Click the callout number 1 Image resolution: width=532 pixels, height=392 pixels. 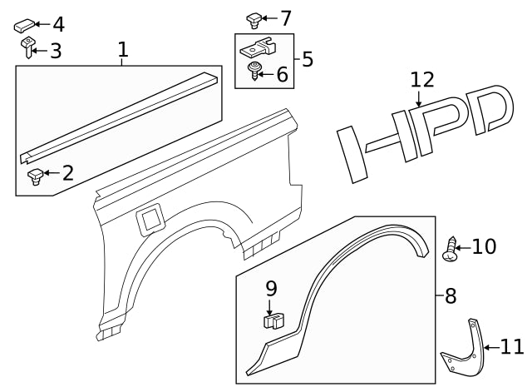click(123, 50)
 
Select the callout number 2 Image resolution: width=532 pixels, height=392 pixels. click(68, 173)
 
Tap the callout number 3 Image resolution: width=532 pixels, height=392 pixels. click(56, 52)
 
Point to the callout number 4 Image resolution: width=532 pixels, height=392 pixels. click(57, 25)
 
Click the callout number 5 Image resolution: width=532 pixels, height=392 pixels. click(308, 59)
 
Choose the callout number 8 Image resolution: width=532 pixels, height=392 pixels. click(451, 295)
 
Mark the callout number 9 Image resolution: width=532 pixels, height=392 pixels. click(271, 289)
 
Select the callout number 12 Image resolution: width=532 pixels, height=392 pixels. click(422, 80)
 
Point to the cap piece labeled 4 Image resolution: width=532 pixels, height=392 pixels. click(24, 25)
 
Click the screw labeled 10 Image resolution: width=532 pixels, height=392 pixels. click(451, 249)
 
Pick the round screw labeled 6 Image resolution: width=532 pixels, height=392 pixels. click(256, 74)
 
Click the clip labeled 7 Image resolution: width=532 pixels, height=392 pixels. click(254, 18)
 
